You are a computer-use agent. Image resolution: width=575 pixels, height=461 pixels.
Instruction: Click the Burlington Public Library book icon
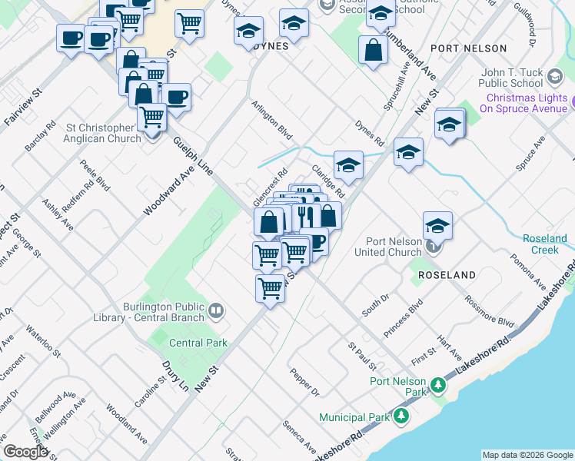point(217,310)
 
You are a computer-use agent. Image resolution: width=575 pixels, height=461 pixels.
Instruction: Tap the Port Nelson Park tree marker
point(437,384)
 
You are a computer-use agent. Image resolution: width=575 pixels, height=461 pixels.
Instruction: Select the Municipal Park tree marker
point(401,416)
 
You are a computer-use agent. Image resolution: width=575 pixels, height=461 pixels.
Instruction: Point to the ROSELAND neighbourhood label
point(447,274)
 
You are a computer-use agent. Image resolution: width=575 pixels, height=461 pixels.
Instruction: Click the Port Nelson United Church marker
point(434,247)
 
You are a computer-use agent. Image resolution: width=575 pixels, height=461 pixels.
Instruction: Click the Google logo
point(25,452)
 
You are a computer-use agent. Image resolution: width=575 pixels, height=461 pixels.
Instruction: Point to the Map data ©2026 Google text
point(527,455)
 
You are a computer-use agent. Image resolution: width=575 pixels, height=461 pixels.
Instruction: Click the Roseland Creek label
point(545,244)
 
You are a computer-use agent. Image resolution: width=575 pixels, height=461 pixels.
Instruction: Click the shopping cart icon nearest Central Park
point(270,288)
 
